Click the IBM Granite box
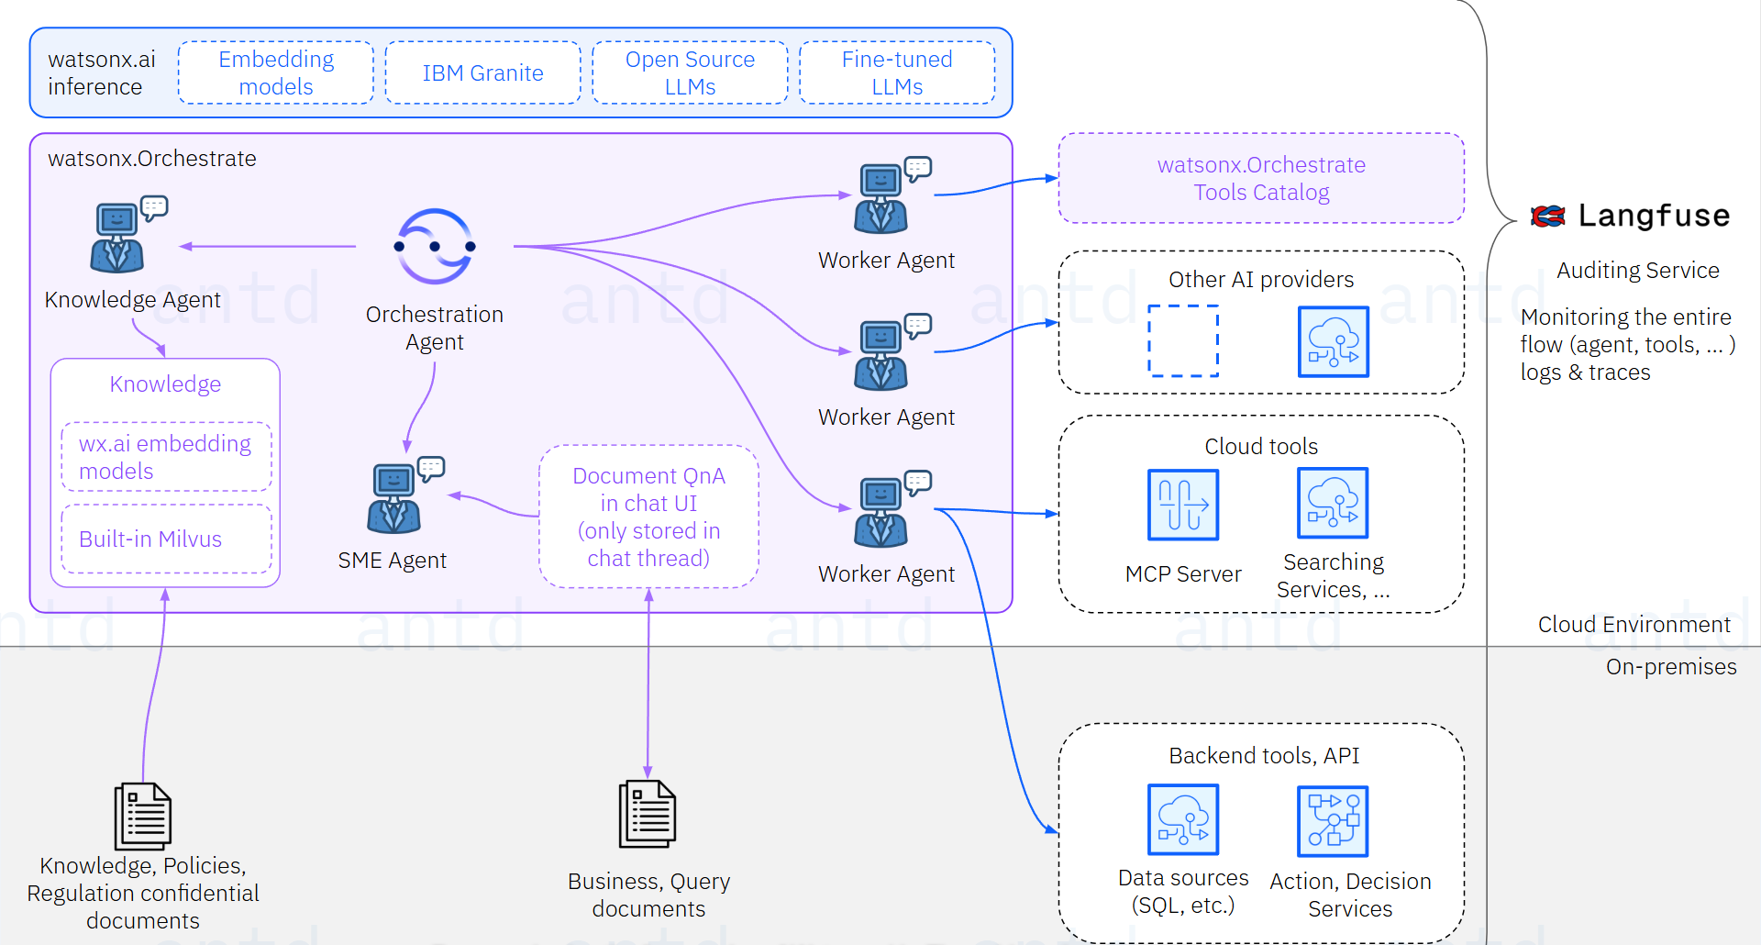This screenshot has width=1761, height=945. [482, 72]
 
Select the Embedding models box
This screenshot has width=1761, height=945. [275, 72]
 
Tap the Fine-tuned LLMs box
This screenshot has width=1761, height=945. [896, 72]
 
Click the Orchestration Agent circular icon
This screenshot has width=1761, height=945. [435, 246]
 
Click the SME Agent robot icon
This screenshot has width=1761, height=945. [394, 498]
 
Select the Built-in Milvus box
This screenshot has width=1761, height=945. [166, 539]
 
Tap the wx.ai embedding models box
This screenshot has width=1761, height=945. [166, 457]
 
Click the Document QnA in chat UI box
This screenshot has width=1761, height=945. [648, 517]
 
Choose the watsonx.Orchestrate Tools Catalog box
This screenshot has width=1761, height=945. [1260, 178]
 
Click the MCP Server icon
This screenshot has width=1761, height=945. [1182, 505]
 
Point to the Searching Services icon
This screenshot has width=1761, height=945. [1332, 503]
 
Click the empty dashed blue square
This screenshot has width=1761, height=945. [1182, 340]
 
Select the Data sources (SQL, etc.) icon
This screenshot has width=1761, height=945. [1182, 818]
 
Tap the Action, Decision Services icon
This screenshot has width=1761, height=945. [1332, 820]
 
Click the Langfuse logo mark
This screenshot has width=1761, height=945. [1548, 216]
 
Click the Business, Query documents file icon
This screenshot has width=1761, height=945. [648, 814]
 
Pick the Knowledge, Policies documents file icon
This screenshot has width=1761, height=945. [142, 816]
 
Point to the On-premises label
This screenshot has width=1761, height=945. [1670, 667]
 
